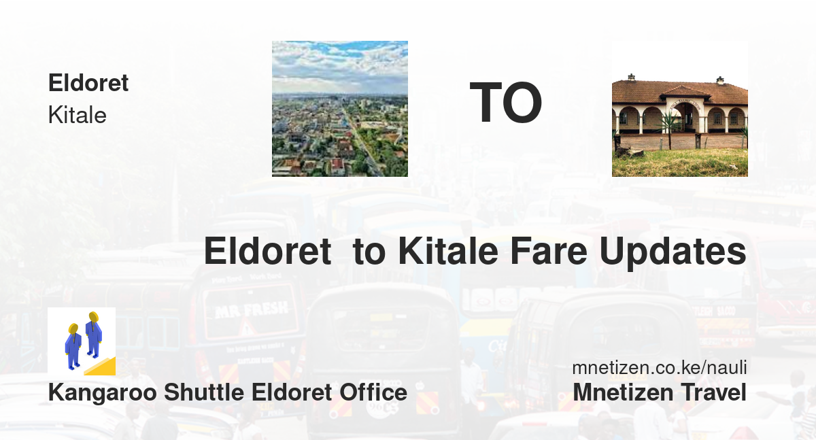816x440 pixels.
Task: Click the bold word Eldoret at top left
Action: click(x=88, y=83)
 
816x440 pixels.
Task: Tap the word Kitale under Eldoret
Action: click(x=78, y=115)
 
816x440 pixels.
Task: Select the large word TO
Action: click(x=506, y=103)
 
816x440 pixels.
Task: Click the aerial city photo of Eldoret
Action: click(x=340, y=109)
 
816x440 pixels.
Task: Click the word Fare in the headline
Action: click(x=548, y=251)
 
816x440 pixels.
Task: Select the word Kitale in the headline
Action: click(x=448, y=251)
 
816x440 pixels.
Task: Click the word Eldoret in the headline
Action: click(x=268, y=251)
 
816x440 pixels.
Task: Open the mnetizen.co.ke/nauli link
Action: click(x=660, y=367)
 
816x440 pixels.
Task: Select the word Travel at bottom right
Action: click(x=714, y=392)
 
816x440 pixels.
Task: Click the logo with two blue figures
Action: click(x=82, y=341)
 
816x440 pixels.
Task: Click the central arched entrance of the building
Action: click(x=685, y=117)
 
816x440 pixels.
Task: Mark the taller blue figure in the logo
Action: click(x=94, y=335)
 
